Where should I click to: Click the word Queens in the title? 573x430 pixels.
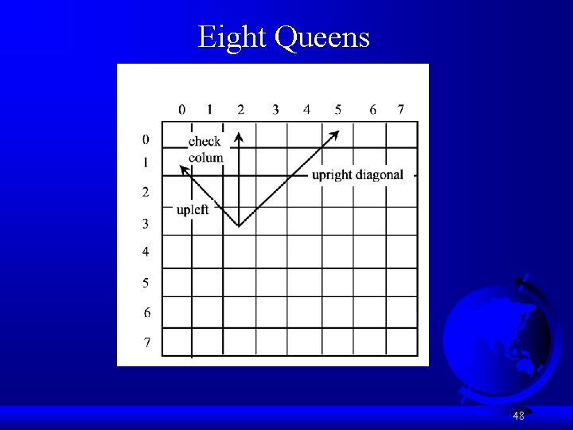[x=324, y=37]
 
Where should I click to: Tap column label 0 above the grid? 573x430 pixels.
[x=182, y=109]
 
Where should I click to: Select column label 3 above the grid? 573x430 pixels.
[x=275, y=109]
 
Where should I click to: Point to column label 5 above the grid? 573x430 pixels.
[x=338, y=109]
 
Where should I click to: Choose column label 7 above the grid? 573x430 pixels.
[x=401, y=109]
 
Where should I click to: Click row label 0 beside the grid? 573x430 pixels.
[x=146, y=140]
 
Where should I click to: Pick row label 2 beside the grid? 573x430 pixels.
[x=146, y=192]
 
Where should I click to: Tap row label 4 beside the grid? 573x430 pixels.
[x=146, y=252]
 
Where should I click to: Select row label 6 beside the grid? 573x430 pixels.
[x=146, y=311]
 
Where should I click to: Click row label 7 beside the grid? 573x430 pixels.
[x=146, y=342]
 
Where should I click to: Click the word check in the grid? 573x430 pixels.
[x=205, y=142]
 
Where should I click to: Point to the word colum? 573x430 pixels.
[x=205, y=157]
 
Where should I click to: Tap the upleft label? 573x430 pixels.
[x=193, y=209]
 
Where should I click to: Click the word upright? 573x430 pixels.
[x=332, y=175]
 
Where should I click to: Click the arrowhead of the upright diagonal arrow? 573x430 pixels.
[x=335, y=135]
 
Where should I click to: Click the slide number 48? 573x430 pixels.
[x=518, y=416]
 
